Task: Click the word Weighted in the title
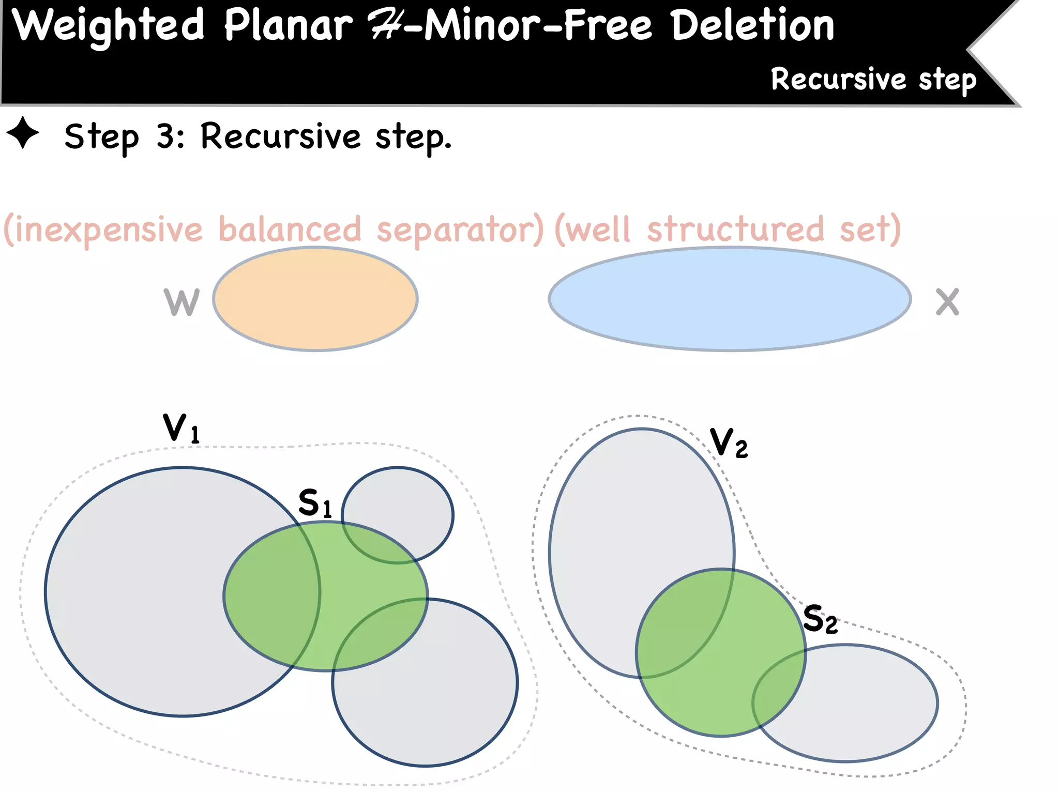(x=108, y=26)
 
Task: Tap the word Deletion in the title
(x=753, y=26)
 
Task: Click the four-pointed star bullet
(x=23, y=133)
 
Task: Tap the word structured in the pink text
(x=735, y=230)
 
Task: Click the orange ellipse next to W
(x=315, y=299)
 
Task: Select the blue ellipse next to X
(x=730, y=299)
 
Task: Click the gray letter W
(x=181, y=302)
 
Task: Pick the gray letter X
(x=947, y=302)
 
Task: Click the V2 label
(x=729, y=443)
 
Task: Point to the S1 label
(x=315, y=503)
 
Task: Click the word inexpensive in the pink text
(x=103, y=230)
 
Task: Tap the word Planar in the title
(x=288, y=26)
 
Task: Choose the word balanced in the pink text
(x=290, y=230)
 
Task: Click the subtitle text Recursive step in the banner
(x=873, y=80)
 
